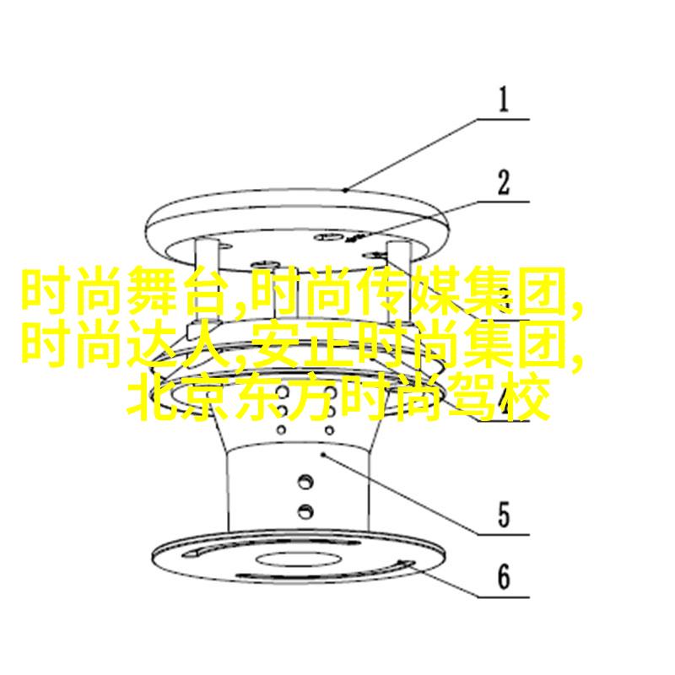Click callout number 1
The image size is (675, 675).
(503, 100)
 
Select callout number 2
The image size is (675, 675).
(504, 182)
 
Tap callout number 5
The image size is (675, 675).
(504, 515)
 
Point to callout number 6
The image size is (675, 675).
(504, 577)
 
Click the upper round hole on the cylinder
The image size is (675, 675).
(305, 481)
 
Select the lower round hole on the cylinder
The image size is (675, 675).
(305, 511)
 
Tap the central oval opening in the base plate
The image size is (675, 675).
(299, 559)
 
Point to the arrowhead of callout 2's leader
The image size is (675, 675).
(354, 238)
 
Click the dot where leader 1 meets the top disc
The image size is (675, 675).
(345, 190)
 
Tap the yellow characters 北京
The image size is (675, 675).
(178, 397)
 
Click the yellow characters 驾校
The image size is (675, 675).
(499, 397)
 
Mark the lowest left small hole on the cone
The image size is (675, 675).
(282, 429)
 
